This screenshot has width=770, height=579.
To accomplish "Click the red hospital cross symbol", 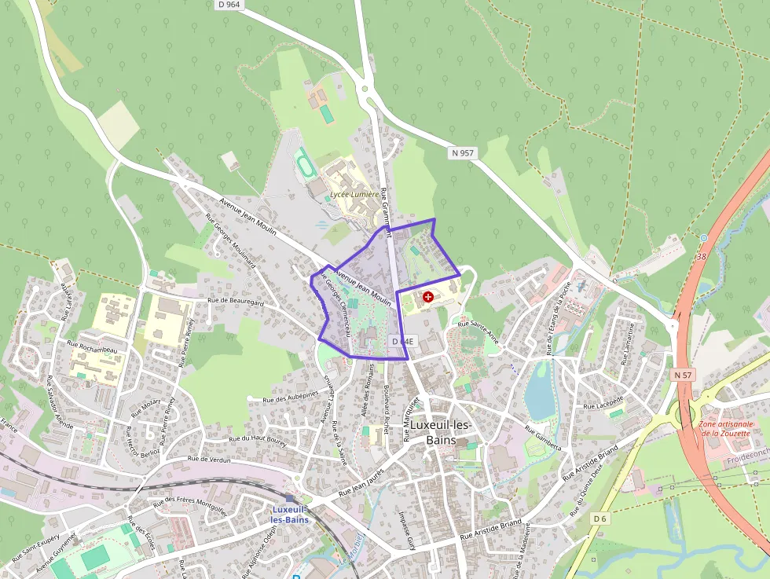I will [x=427, y=297].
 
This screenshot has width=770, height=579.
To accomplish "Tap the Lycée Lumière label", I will [x=354, y=194].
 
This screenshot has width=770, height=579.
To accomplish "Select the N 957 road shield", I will [x=463, y=152].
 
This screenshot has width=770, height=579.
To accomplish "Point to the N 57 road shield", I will [x=683, y=376].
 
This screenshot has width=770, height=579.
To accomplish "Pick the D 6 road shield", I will [x=600, y=519].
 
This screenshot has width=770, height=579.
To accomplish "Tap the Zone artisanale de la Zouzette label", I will [x=727, y=429].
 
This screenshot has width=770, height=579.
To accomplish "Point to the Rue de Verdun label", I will [x=210, y=460].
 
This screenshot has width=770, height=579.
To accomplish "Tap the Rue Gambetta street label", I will [x=544, y=439].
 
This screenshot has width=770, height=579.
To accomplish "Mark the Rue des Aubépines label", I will [x=291, y=398].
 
